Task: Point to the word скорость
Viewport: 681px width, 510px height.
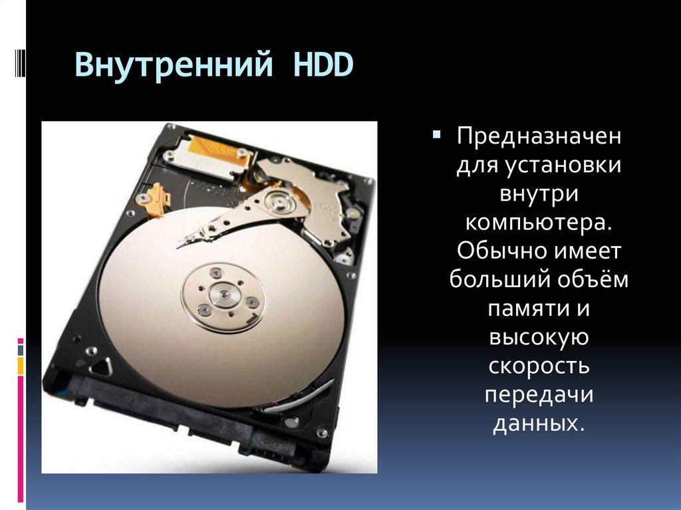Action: [x=538, y=366]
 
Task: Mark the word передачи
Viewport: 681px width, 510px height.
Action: [x=538, y=395]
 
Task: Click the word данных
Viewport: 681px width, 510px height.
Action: [x=538, y=424]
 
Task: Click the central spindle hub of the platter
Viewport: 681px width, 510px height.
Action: [x=223, y=293]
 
